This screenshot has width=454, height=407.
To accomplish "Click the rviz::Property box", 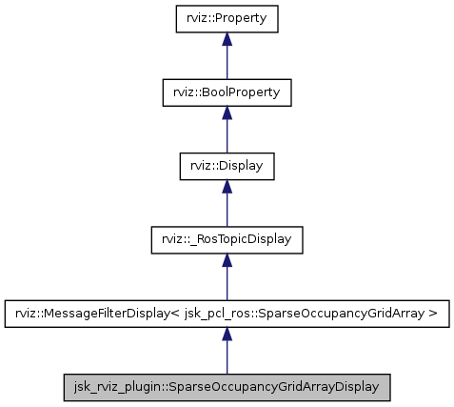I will (227, 19).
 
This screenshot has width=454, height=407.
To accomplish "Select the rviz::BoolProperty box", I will (227, 92).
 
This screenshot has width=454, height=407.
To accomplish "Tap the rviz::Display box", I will (227, 166).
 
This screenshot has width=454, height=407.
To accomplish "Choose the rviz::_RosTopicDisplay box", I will (227, 239).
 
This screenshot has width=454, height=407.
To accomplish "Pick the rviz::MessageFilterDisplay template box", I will (227, 313).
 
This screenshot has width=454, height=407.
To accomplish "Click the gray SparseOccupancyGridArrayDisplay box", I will (227, 386).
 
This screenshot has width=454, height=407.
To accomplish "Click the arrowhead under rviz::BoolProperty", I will (227, 112).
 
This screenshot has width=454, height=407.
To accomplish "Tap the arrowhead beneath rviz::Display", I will (227, 186).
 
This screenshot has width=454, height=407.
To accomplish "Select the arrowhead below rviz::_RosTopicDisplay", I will (227, 259).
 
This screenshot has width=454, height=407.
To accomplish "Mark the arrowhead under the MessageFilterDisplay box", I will (227, 333).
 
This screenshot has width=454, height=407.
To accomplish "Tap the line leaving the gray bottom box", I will (227, 358).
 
